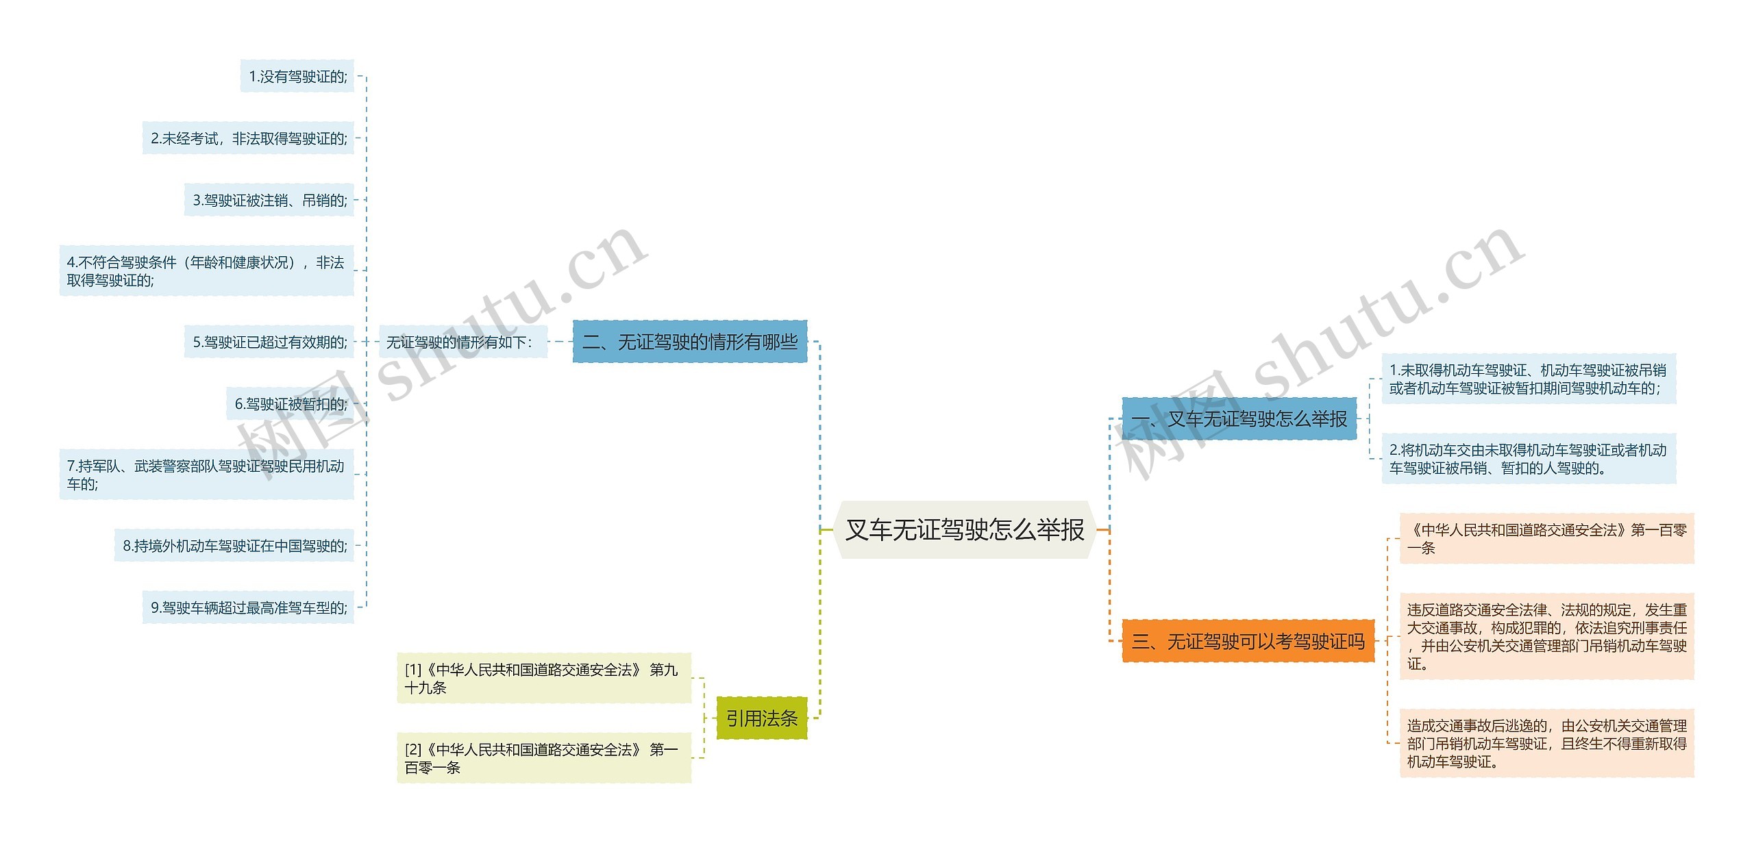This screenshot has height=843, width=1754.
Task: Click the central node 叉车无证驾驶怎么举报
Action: tap(965, 529)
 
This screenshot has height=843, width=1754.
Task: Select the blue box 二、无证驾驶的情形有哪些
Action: tap(689, 341)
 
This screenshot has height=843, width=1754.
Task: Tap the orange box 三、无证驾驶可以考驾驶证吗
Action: tap(1248, 641)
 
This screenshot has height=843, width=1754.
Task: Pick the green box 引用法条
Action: tap(761, 718)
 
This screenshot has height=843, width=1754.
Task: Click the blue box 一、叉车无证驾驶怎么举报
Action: tap(1239, 418)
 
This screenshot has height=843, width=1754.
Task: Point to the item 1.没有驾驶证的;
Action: tap(297, 76)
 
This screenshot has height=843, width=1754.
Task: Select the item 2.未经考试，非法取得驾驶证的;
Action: tap(248, 138)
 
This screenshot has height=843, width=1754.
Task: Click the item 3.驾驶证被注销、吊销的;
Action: tap(269, 200)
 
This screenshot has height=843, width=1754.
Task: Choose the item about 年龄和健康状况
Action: tap(206, 271)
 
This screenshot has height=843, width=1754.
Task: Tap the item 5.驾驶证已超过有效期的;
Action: tap(269, 342)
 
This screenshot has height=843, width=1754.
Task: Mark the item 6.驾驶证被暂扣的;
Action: tap(290, 404)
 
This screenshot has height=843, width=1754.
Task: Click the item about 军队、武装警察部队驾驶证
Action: tap(206, 475)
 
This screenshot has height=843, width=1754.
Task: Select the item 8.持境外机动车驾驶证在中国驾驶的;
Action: tap(234, 546)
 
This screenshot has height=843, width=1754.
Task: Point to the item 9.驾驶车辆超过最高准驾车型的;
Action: tap(248, 607)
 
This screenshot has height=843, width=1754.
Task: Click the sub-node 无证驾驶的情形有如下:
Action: tap(462, 342)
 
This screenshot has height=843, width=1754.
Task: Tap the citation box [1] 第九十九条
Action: tap(543, 678)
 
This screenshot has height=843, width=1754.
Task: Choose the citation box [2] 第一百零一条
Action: tap(543, 758)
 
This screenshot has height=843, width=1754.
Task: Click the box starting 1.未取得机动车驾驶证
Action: tap(1528, 379)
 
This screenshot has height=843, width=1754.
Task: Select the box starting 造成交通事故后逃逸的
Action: tap(1546, 743)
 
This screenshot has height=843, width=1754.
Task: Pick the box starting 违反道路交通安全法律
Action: tap(1546, 636)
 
